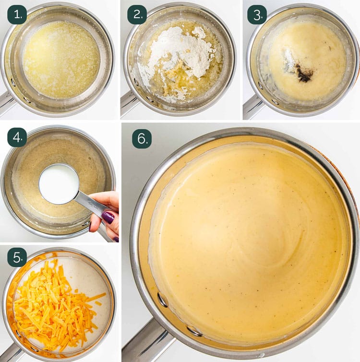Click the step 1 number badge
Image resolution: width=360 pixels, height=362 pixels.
pyautogui.click(x=17, y=14)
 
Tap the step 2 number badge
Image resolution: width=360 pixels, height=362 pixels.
pyautogui.click(x=137, y=14)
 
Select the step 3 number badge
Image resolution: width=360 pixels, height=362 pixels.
pyautogui.click(x=257, y=14)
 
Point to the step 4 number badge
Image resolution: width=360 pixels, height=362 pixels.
pyautogui.click(x=17, y=137)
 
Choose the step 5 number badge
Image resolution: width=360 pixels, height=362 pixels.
pyautogui.click(x=17, y=257)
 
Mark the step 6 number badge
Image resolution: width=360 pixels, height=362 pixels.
pyautogui.click(x=142, y=139)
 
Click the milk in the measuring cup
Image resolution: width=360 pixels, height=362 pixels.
pyautogui.click(x=59, y=184)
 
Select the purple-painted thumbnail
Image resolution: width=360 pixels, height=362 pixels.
pyautogui.click(x=108, y=217)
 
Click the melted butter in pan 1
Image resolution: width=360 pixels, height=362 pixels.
pyautogui.click(x=61, y=60)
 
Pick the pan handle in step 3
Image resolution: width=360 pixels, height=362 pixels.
pyautogui.click(x=251, y=107)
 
